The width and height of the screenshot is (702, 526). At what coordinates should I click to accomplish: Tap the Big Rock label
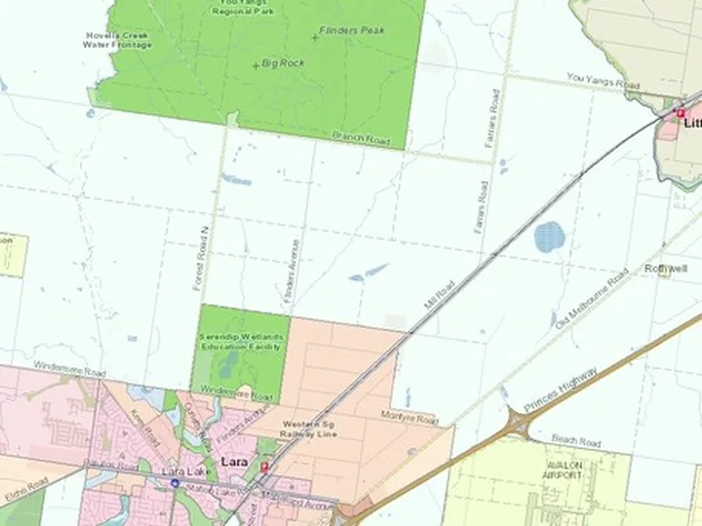(x=284, y=63)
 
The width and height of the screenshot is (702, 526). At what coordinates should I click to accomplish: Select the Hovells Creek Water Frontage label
(x=117, y=40)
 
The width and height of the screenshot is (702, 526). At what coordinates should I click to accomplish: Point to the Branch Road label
(x=361, y=139)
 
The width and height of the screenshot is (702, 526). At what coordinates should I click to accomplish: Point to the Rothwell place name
(x=666, y=268)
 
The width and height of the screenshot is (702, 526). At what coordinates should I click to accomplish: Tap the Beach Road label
(x=576, y=441)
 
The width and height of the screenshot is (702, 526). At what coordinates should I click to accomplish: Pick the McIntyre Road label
(x=409, y=418)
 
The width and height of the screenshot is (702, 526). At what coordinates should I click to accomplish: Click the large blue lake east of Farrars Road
(x=550, y=236)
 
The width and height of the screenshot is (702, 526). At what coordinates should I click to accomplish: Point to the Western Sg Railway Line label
(x=310, y=430)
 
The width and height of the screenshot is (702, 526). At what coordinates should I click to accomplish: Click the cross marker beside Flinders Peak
(x=315, y=36)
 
